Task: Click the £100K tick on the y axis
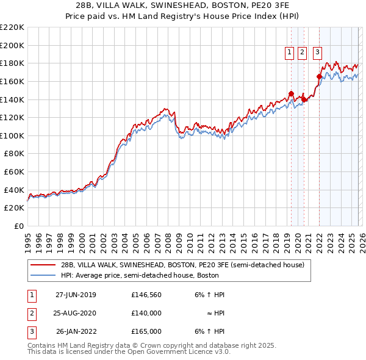coord(12,135)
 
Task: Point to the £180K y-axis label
coord(12,63)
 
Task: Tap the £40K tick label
coord(14,190)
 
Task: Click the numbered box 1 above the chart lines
coord(289,53)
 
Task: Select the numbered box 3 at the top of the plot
coord(318,53)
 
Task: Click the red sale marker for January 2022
coord(319,77)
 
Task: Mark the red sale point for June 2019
coord(291,93)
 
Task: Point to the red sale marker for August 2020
coord(304,99)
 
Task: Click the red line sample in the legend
coord(43,265)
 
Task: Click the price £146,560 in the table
coord(146,295)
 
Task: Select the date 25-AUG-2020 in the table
coord(76,313)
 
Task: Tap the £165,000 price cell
coord(146,331)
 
